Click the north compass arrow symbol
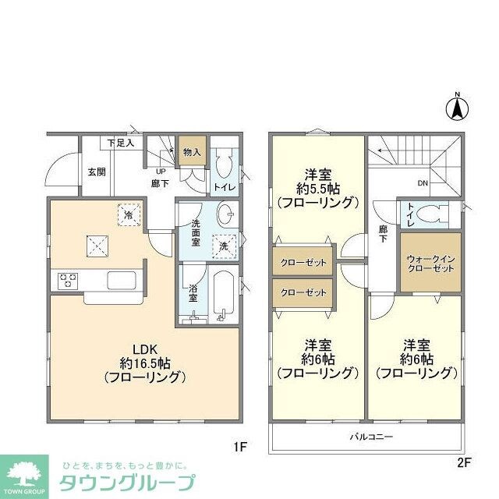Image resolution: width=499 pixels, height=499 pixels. [x=458, y=107]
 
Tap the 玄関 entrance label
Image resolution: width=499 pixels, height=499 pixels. [x=96, y=172]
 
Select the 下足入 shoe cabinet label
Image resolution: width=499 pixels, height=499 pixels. [x=121, y=143]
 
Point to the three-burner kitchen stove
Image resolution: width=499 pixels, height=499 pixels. [x=66, y=279]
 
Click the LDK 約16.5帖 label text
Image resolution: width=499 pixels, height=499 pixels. [x=145, y=363]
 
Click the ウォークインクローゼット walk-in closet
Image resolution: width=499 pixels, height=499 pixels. [x=430, y=262]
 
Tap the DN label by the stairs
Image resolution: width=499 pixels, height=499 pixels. [x=423, y=184]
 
